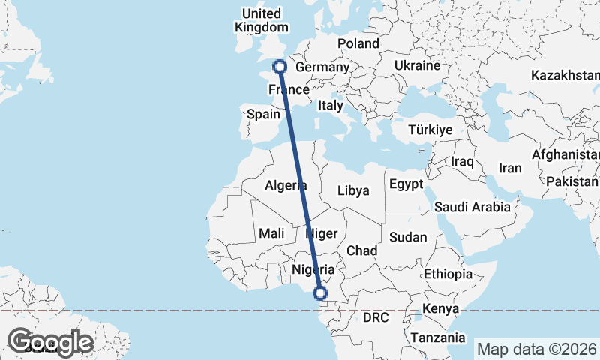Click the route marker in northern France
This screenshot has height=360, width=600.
[x=280, y=67]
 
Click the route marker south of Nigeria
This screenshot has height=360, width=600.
[x=320, y=293]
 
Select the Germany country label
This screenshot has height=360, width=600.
[x=323, y=67]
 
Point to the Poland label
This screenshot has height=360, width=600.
[x=358, y=43]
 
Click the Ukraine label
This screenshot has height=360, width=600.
[x=415, y=66]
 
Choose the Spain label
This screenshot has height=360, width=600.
[x=263, y=115]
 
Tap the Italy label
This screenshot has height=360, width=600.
[x=330, y=105]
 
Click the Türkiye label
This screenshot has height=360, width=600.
[x=430, y=130]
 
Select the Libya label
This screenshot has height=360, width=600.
[x=353, y=190]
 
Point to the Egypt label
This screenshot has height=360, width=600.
[x=406, y=184]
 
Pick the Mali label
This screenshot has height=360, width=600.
[x=271, y=233]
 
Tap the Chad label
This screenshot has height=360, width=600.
[x=361, y=250]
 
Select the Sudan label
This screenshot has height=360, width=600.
[x=408, y=237]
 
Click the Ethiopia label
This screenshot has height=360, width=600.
[x=448, y=274]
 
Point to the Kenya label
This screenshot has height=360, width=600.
[x=440, y=308]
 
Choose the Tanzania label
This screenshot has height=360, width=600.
[x=430, y=337]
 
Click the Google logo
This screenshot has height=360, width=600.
[x=50, y=343]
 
